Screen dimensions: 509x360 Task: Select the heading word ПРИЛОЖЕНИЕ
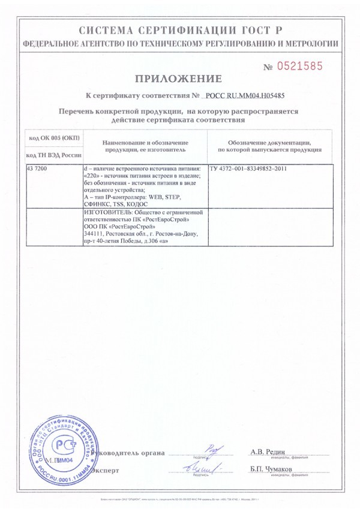point(178,79)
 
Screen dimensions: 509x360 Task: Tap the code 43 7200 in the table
point(37,169)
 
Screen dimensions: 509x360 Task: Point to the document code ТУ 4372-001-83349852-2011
point(248,169)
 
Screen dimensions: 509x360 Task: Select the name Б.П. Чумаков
point(271,468)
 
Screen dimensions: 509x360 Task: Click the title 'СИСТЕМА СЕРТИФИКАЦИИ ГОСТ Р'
point(179,31)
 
